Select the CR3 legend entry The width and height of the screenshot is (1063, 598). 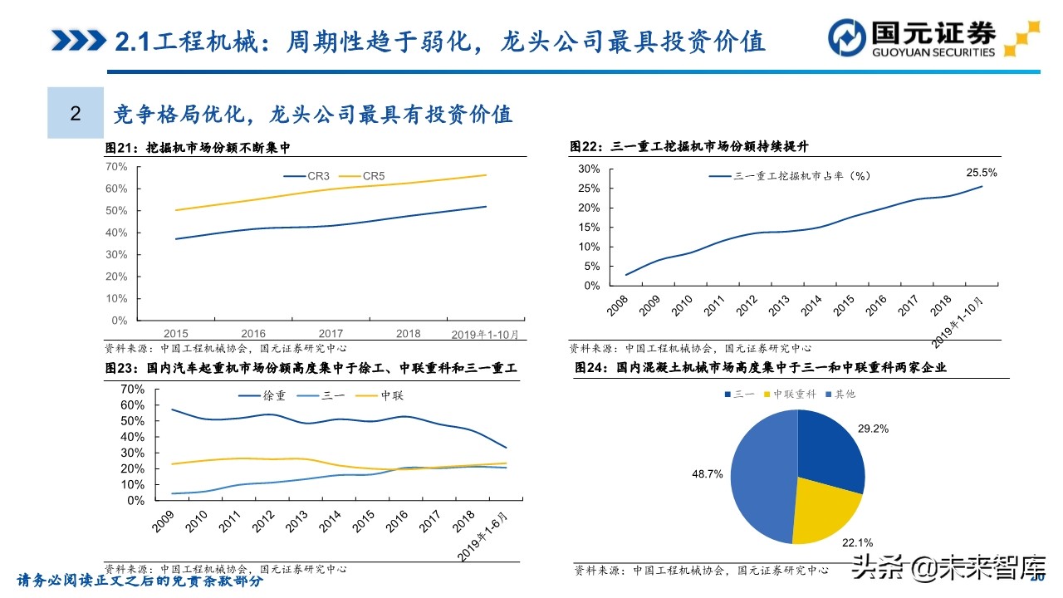tap(306, 176)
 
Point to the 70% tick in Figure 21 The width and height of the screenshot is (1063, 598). tap(116, 166)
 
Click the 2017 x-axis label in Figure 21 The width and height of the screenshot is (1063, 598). tap(331, 334)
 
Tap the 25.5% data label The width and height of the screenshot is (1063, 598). tap(982, 173)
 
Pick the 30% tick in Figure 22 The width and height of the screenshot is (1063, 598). tap(589, 169)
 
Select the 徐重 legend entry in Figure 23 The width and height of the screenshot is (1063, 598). tap(263, 395)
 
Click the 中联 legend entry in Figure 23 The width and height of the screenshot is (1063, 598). tap(381, 395)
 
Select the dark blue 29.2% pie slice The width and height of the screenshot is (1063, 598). tap(830, 448)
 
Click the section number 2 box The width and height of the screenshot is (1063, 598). tap(76, 113)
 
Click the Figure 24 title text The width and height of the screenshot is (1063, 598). tap(760, 366)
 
